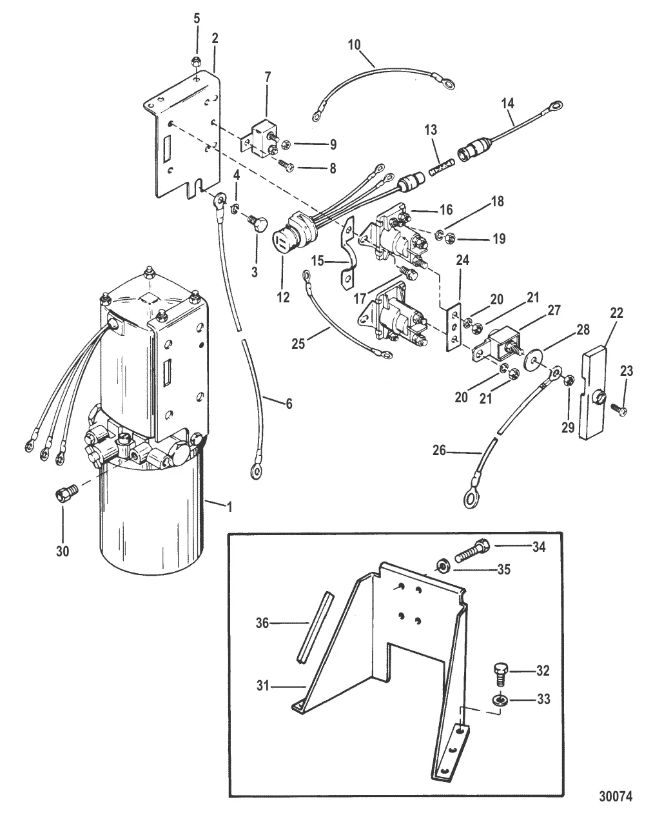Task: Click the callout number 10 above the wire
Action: (355, 45)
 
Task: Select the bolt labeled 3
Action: (253, 227)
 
